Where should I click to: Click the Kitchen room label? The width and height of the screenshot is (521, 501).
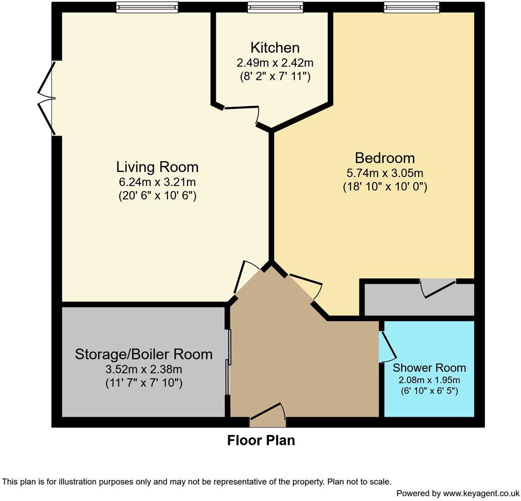275,48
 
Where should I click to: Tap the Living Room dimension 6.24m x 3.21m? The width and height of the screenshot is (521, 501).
157,182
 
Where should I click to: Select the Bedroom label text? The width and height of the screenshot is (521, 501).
384,158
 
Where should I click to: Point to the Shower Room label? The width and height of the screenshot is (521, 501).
429,368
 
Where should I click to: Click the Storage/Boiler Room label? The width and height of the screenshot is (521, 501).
144,354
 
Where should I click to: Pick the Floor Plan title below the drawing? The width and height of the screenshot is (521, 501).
261,440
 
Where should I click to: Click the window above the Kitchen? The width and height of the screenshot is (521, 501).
275,7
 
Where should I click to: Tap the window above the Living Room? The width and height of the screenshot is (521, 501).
147,7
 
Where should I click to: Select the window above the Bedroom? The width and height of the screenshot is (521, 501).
412,7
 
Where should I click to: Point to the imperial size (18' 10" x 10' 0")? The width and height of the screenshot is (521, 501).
384,187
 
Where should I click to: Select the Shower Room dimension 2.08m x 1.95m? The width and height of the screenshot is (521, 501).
429,380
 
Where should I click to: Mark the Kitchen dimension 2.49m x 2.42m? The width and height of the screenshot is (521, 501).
275,63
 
